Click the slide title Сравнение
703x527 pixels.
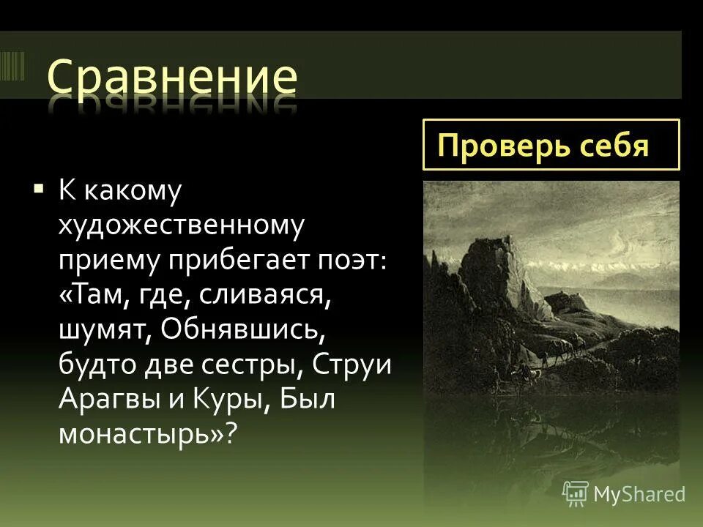[x=173, y=79]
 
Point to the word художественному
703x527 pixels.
[x=181, y=226]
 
